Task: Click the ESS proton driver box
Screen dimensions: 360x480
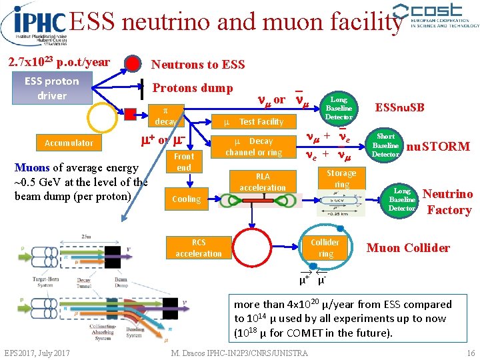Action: (52, 88)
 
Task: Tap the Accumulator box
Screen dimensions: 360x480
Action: (69, 143)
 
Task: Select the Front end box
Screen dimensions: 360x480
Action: (184, 162)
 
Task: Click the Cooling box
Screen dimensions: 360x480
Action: (186, 199)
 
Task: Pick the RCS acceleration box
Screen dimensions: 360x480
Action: (199, 248)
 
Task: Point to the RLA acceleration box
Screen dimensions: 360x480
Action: (263, 181)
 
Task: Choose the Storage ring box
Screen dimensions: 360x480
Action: (341, 179)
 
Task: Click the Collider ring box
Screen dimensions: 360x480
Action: (325, 247)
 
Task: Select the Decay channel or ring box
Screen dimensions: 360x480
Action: (253, 147)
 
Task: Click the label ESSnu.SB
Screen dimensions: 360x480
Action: (400, 107)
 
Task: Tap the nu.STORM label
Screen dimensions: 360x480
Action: (438, 146)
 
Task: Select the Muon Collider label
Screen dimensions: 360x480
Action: (408, 248)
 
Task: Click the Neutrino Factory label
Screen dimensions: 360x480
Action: (449, 202)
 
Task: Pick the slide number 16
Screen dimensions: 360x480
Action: (471, 353)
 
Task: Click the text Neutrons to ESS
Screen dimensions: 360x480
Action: (198, 65)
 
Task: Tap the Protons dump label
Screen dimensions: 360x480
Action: (193, 88)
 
